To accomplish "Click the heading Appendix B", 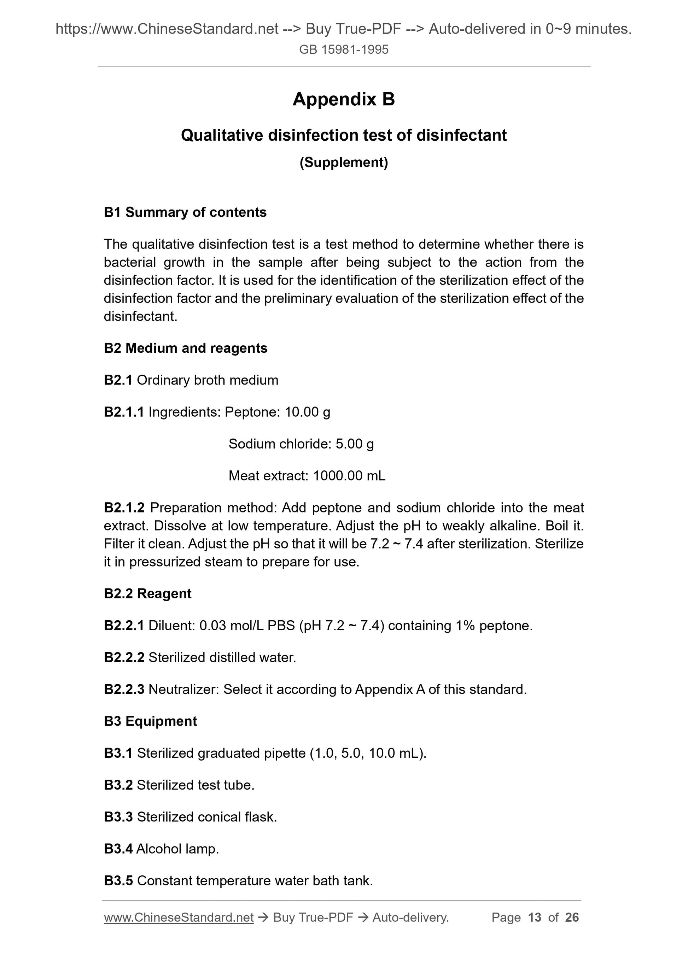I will pos(343,100).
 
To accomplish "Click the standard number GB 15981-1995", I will pos(343,49).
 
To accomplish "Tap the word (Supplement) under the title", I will pos(343,162).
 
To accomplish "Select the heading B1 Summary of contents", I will pos(185,212).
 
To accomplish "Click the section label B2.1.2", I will pos(124,507).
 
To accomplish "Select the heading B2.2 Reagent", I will pos(147,593).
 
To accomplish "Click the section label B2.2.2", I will pos(124,657).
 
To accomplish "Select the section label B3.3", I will pos(118,817).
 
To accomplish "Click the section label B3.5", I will pos(118,881).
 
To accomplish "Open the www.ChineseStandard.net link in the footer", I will pos(179,918).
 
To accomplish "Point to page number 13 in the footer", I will pos(535,918).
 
